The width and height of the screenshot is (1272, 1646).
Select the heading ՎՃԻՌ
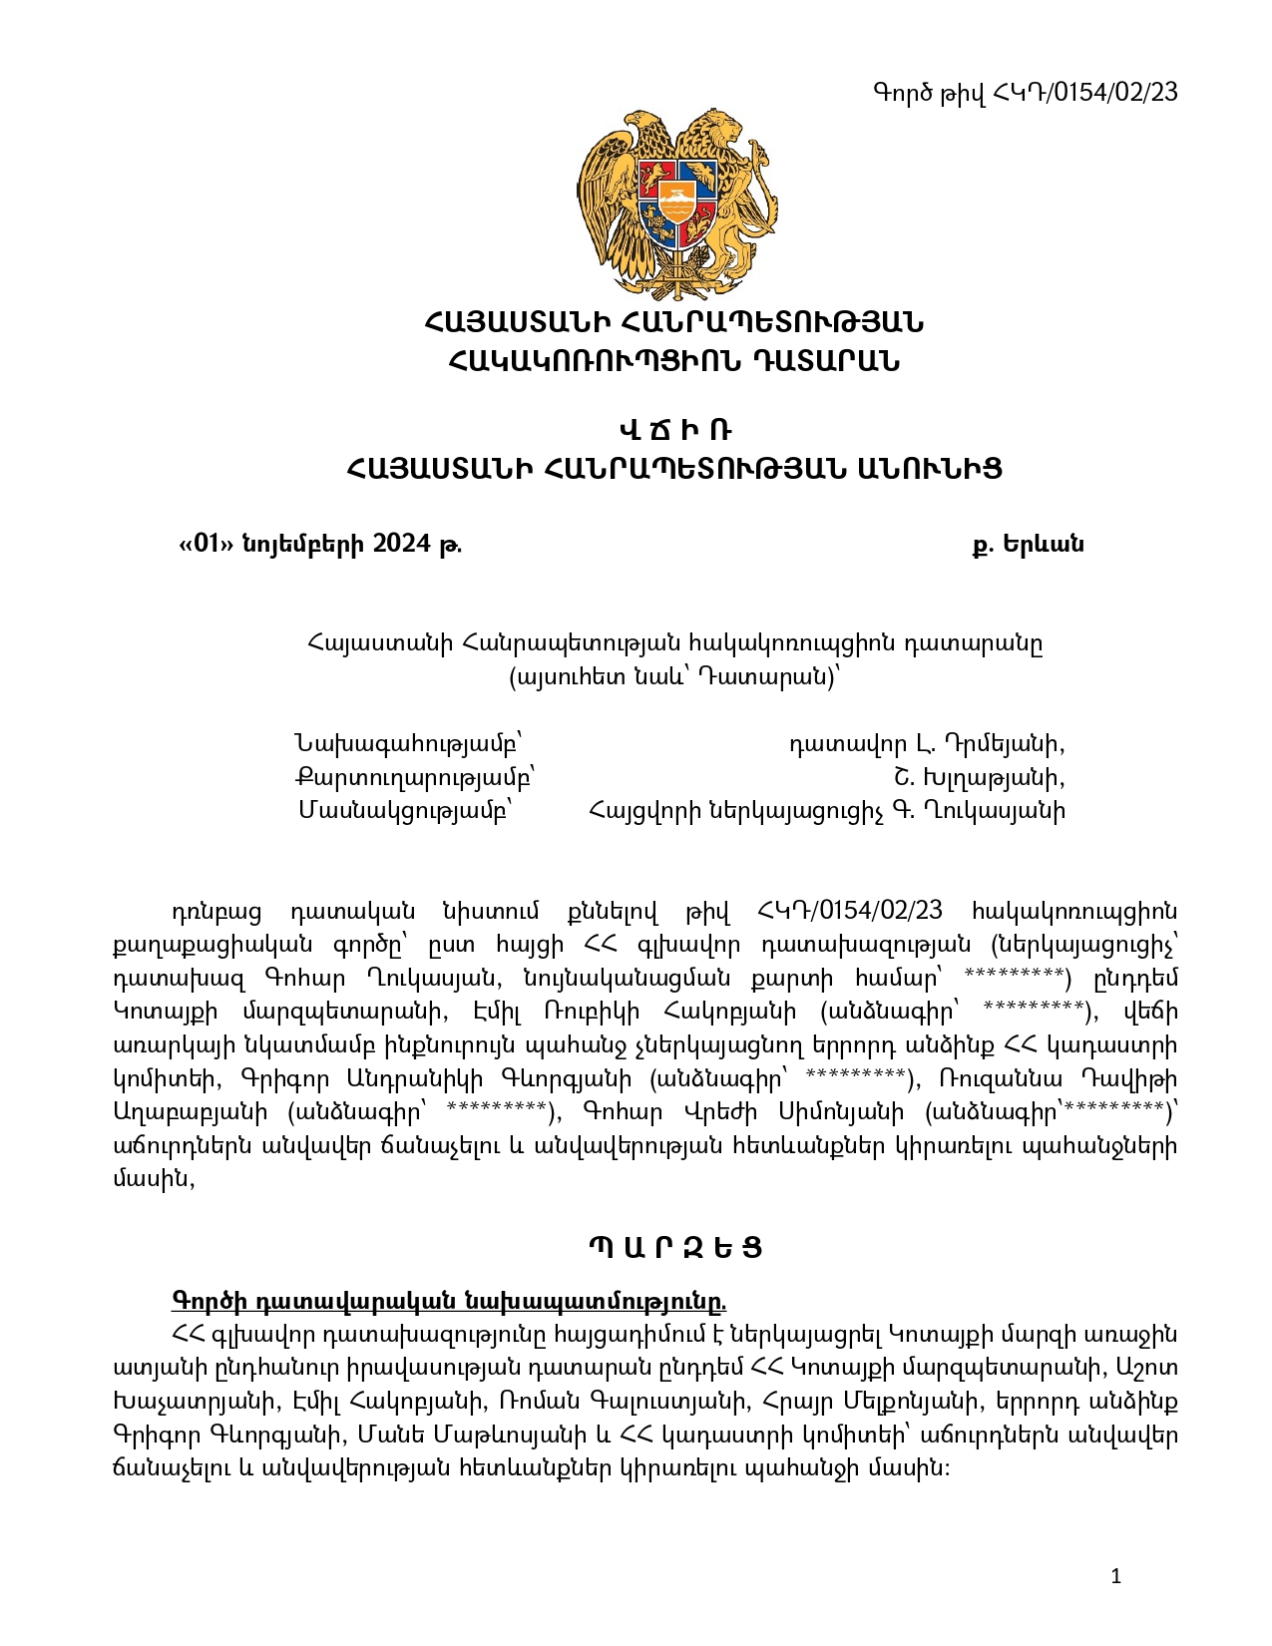[675, 431]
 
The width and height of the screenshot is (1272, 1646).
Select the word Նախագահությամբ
[407, 744]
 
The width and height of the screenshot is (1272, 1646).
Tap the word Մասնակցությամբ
[405, 810]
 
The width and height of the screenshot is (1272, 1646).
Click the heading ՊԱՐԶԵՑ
[675, 1248]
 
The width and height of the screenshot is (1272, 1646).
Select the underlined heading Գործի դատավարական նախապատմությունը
[449, 1301]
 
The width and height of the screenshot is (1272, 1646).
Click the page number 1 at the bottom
[1115, 1576]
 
